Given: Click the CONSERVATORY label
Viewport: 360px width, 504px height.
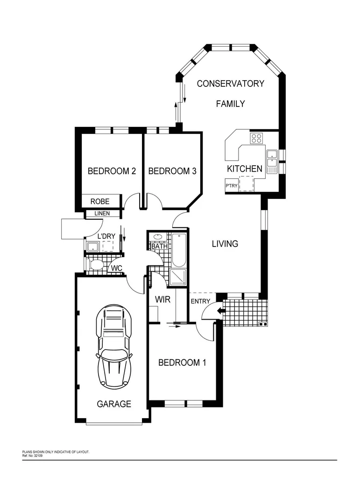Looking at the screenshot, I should pos(230,84).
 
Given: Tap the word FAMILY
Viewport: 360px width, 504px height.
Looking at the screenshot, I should pos(230,104).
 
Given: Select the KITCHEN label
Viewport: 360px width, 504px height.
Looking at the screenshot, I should pos(244,168).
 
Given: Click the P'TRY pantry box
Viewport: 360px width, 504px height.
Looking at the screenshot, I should pos(232,186).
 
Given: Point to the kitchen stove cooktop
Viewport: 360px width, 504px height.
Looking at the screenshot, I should pos(256,138).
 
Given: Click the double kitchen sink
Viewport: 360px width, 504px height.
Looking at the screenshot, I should pos(272,161).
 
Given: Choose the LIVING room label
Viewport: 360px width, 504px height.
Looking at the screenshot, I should pos(225,244).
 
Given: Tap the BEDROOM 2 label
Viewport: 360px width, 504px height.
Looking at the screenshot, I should pos(112,171).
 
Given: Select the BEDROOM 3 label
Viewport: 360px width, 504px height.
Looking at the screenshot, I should pos(172,171).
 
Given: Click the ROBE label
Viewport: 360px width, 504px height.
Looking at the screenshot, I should pos(100,202).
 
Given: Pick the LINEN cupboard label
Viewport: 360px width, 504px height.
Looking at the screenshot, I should pos(102,214).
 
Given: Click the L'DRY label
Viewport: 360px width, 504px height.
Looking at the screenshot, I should pos(106,236).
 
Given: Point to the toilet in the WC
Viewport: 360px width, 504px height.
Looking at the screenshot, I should pos(96,266).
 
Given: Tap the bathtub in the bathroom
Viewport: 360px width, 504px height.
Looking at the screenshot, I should pos(179,249).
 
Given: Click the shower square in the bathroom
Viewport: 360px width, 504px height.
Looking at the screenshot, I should pos(179,277).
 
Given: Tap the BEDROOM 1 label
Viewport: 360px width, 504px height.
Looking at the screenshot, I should pos(182,363).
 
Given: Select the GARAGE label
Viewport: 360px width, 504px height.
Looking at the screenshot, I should pos(114,404).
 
